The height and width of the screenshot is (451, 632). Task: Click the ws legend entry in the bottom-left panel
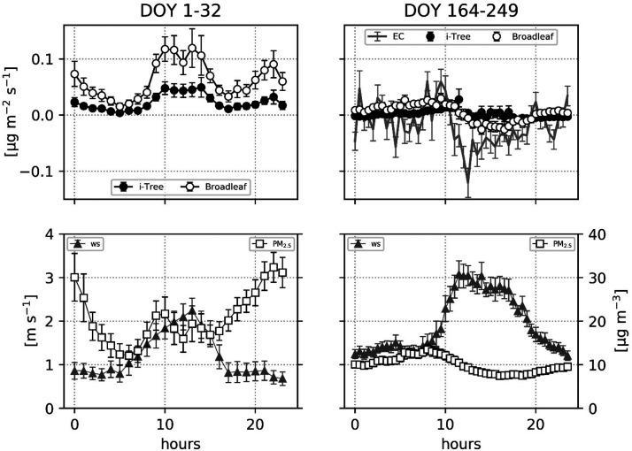pyautogui.click(x=89, y=242)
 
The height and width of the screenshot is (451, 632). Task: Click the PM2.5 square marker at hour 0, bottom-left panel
pyautogui.click(x=74, y=277)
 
